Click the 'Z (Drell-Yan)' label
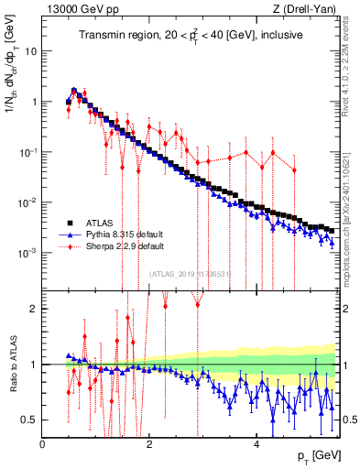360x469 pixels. point(307,9)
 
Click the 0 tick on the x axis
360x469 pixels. point(43,443)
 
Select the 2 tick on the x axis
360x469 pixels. point(150,443)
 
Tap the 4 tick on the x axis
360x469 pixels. point(257,443)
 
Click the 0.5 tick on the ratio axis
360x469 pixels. point(31,420)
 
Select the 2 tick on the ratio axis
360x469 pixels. point(35,309)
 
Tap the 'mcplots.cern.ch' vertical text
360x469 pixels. point(351,229)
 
